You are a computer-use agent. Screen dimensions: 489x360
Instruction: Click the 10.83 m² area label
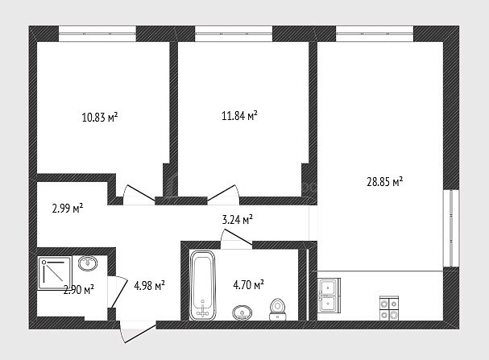tap(100, 118)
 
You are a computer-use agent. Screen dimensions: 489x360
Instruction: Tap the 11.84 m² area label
tap(239, 116)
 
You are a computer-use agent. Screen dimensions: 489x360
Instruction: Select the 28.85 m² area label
tap(385, 181)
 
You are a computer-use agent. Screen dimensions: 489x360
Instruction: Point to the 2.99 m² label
tap(68, 209)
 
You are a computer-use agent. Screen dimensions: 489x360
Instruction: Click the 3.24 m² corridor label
tap(238, 220)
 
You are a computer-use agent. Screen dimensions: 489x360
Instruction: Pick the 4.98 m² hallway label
tap(150, 285)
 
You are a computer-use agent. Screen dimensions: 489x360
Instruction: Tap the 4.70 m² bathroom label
tap(249, 284)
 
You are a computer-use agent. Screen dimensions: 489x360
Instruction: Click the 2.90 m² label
tap(79, 290)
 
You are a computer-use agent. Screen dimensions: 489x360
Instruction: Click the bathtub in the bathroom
tap(203, 285)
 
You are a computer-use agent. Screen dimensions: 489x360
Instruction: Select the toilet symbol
tap(278, 309)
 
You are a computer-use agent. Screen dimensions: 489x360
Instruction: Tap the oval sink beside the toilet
tap(242, 312)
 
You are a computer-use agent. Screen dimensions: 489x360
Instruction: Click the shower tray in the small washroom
tap(55, 273)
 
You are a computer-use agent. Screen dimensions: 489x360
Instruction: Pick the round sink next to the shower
tap(88, 263)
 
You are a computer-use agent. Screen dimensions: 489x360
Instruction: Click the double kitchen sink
tap(329, 296)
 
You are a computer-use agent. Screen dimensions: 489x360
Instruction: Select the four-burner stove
tap(389, 308)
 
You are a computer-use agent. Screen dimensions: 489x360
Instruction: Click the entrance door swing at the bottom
tap(138, 333)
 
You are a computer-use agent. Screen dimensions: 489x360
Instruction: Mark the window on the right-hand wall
tap(451, 228)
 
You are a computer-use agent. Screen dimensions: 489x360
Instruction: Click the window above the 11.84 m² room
tap(234, 34)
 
